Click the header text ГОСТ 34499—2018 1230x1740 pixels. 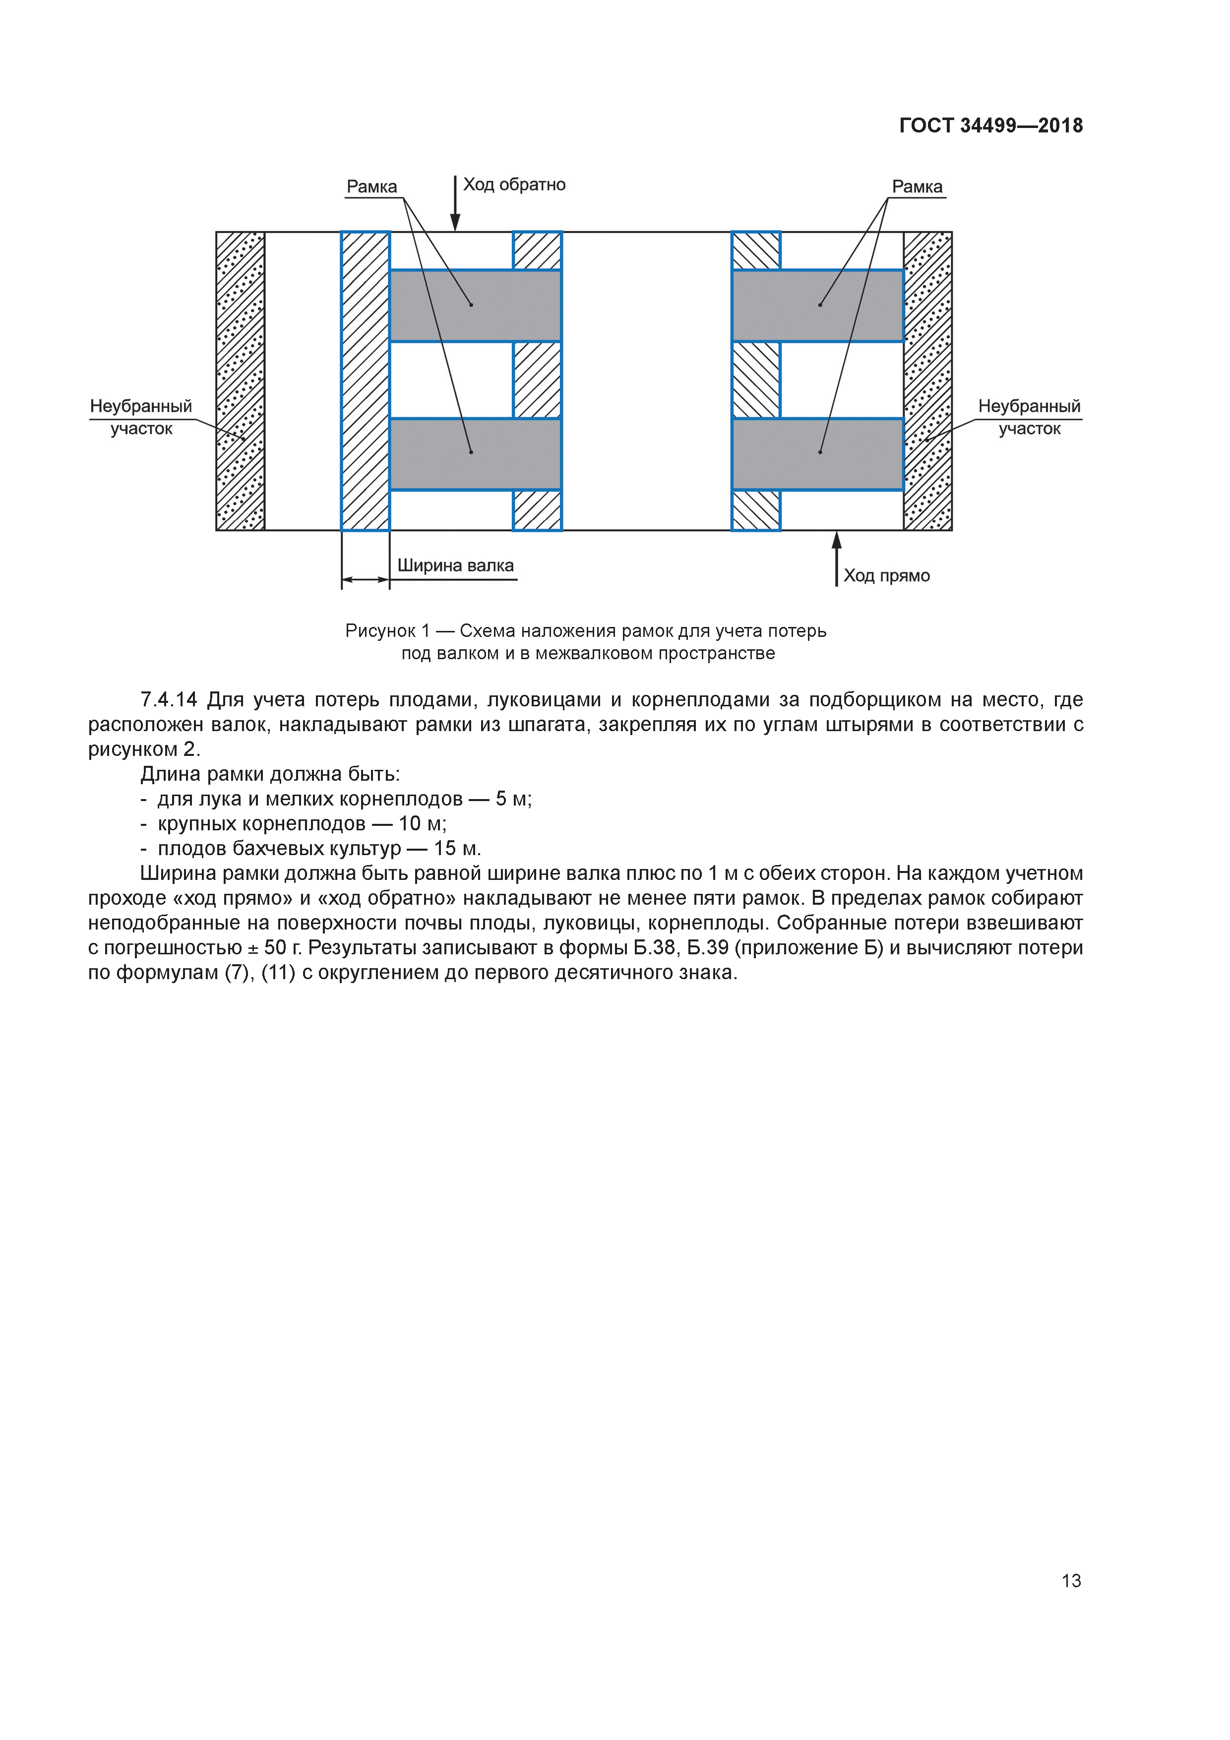(990, 126)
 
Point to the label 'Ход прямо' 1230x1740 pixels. (886, 575)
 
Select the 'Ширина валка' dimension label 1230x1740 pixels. (455, 565)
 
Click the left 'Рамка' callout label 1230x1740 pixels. (371, 186)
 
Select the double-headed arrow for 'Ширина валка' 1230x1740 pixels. (366, 580)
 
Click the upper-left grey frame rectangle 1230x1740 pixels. (475, 306)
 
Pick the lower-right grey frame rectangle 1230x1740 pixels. (818, 454)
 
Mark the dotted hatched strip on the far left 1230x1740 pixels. (240, 381)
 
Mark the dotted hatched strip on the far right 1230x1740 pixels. (927, 381)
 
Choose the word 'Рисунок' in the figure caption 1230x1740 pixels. (380, 630)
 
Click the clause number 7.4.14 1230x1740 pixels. (168, 699)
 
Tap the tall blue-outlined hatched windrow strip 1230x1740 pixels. (366, 381)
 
